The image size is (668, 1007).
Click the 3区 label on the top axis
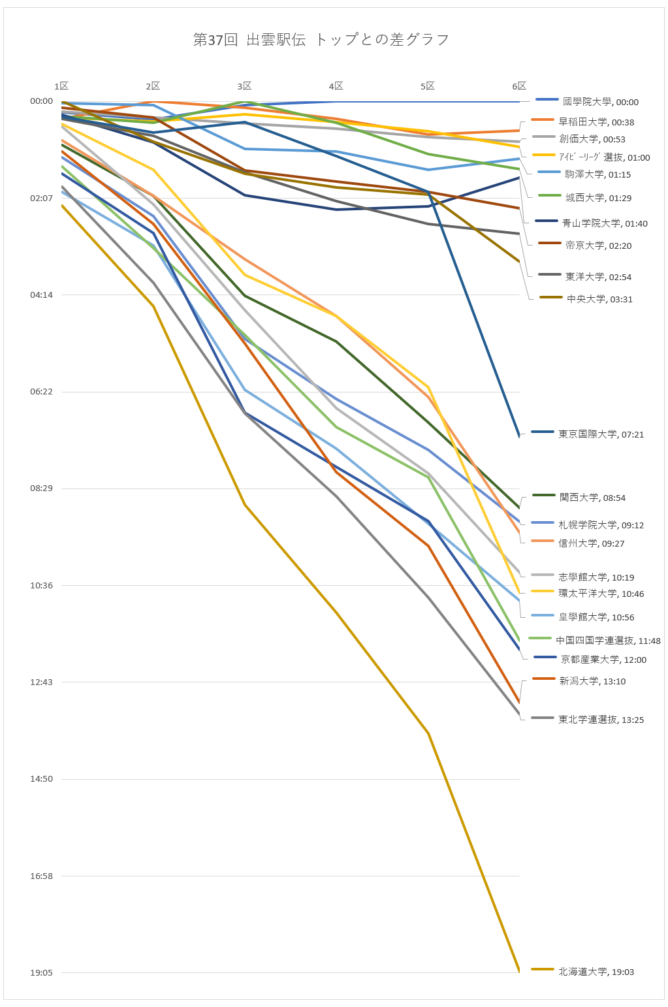[244, 86]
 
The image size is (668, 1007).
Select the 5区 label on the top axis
[427, 86]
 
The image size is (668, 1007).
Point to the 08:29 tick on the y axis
[41, 488]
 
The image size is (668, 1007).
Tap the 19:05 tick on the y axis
[41, 972]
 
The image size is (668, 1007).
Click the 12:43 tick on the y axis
[41, 682]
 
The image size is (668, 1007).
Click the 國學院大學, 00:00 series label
[600, 102]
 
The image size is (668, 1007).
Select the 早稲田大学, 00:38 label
[596, 122]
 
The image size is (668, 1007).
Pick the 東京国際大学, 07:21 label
[601, 434]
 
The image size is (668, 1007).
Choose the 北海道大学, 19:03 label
[596, 972]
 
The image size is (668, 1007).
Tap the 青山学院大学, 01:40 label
[605, 223]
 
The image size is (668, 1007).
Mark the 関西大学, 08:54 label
[592, 498]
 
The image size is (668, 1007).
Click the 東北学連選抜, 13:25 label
[601, 720]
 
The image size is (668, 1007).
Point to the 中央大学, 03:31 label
[599, 299]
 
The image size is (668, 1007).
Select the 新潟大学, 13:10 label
[592, 681]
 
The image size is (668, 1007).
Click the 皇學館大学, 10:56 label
[596, 617]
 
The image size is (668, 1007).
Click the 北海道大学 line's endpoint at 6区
[519, 971]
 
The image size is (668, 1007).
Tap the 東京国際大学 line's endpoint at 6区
[519, 436]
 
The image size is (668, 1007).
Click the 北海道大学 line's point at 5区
[428, 733]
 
